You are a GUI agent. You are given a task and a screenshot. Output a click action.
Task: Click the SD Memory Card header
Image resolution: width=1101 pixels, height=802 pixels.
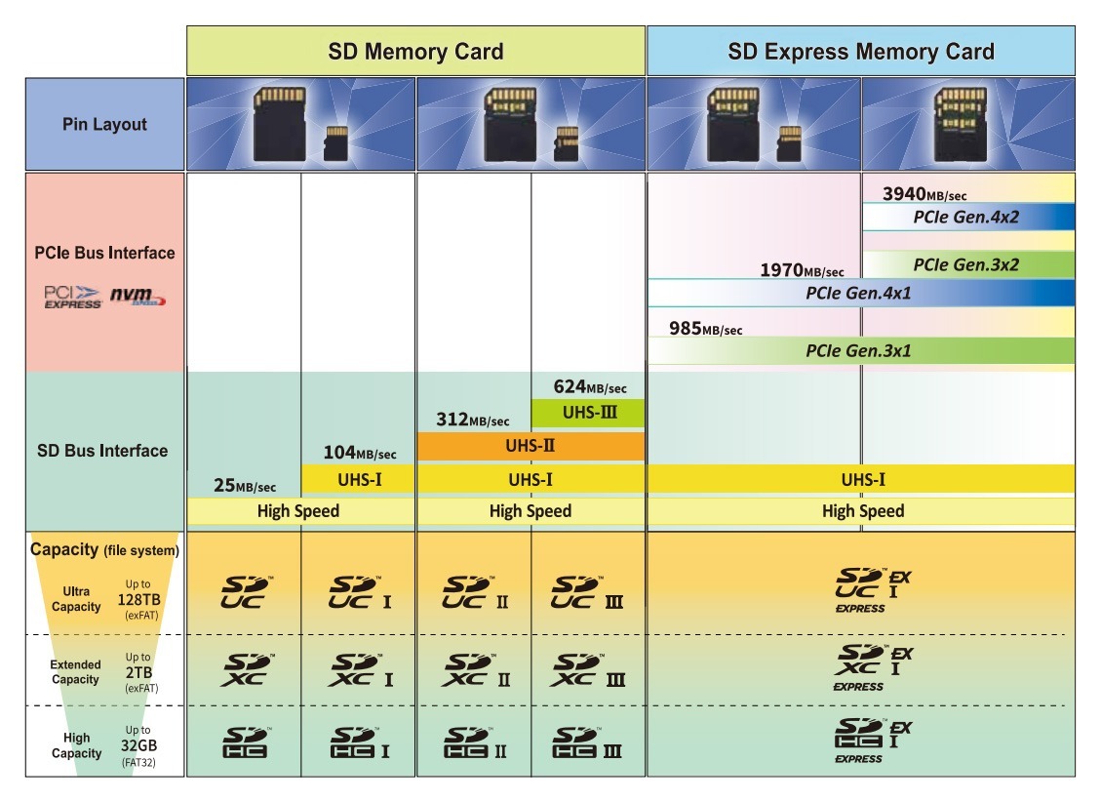(x=415, y=52)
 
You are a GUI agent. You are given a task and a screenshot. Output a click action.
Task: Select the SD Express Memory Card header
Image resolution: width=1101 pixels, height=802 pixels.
(x=861, y=52)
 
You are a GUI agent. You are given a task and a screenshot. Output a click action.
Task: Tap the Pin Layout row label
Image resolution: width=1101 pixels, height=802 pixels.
(x=104, y=124)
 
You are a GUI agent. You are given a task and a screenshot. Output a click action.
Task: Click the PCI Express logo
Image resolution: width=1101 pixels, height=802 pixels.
(x=73, y=297)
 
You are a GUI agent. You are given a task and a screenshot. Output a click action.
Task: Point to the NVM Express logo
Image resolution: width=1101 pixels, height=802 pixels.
(x=138, y=297)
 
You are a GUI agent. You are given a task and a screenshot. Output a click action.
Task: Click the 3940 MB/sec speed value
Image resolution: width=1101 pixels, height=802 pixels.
(x=924, y=194)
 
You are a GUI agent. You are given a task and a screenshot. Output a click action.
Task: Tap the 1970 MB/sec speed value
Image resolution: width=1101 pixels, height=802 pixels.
(x=802, y=270)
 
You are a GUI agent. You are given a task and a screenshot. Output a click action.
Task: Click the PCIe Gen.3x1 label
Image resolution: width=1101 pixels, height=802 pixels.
(x=858, y=350)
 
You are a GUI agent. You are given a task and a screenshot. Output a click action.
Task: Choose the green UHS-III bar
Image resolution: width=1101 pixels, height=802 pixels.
(x=588, y=413)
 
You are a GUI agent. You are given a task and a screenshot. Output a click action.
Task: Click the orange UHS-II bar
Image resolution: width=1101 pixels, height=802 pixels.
(x=531, y=446)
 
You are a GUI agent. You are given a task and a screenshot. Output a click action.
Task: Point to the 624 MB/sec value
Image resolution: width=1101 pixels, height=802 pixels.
(x=590, y=387)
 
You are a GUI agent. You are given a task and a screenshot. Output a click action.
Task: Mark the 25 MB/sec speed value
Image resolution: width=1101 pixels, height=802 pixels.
(x=245, y=485)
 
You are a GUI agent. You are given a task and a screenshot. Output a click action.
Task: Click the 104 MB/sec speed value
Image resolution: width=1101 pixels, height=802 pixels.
(x=360, y=453)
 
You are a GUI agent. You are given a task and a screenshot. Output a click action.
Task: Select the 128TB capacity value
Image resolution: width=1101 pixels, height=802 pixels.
(x=138, y=600)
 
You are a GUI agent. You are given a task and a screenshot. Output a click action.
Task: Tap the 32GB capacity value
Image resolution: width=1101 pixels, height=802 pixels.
(x=138, y=745)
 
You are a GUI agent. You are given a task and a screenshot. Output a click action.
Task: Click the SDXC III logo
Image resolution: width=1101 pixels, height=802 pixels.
(x=588, y=670)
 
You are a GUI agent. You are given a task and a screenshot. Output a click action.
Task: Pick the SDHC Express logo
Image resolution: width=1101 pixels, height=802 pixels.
(x=871, y=741)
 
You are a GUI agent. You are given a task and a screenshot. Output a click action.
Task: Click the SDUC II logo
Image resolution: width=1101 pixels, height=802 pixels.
(x=475, y=592)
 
